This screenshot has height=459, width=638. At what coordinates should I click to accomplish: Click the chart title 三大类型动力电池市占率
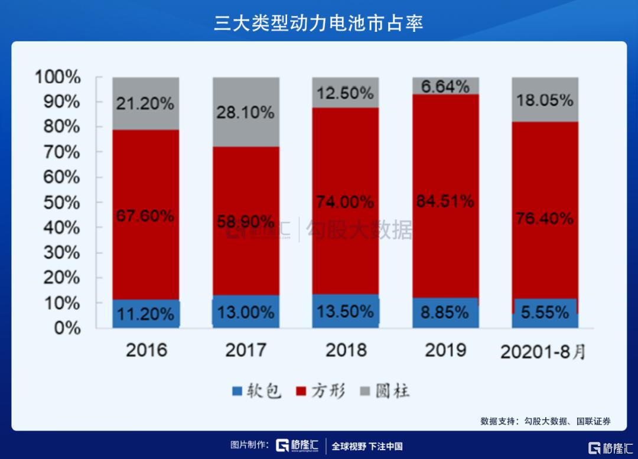coord(318,22)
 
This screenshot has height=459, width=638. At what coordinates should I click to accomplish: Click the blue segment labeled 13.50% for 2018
coord(345,311)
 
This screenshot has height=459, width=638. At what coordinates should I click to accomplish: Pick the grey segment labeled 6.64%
coord(445,86)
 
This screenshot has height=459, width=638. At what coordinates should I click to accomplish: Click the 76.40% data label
coord(545,219)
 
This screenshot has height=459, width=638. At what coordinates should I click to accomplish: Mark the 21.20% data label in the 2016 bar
coord(146,103)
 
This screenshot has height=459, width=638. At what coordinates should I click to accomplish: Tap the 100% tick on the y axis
coord(57,77)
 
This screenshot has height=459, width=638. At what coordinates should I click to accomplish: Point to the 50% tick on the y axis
coord(61,203)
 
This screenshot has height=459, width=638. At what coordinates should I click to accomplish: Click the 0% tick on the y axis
coord(67,328)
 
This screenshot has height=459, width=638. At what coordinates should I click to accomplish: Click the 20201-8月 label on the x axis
coord(543,351)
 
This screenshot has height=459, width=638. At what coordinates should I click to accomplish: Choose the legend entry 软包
coord(263,390)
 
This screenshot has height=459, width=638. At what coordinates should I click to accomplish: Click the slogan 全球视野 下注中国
coord(367,446)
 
